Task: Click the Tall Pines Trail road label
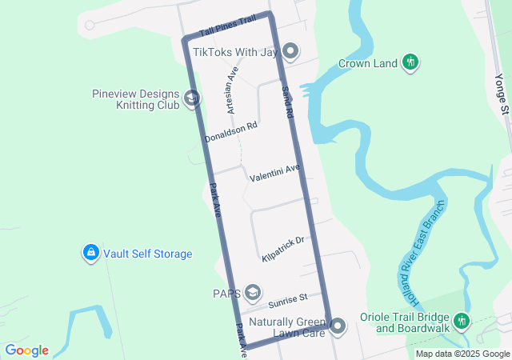(228, 25)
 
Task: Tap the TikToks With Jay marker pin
(290, 53)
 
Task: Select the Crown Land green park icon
(410, 62)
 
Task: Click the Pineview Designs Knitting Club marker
(192, 98)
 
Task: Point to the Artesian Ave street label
(232, 89)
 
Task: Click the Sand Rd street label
(286, 103)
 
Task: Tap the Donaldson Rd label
(230, 132)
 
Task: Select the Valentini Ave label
(274, 172)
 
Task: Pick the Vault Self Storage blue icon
(90, 254)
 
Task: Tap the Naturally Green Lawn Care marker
(338, 326)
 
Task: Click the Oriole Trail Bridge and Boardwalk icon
(461, 321)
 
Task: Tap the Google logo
(26, 350)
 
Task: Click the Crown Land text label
(368, 63)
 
